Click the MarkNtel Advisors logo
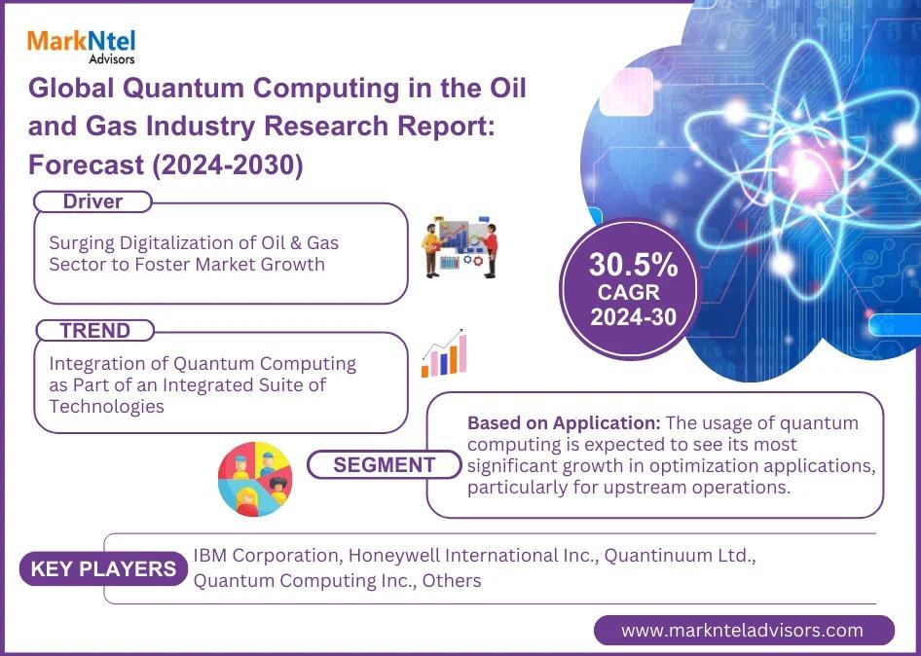[x=81, y=46]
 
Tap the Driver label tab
[x=92, y=201]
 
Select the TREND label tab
[x=94, y=331]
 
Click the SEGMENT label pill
[x=385, y=464]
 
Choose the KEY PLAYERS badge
[x=103, y=568]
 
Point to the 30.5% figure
[x=633, y=265]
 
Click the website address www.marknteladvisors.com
[x=743, y=630]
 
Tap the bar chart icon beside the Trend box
[x=444, y=353]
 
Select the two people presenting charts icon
[x=460, y=249]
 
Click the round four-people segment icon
[x=255, y=479]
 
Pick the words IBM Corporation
[x=266, y=556]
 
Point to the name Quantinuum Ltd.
[x=680, y=555]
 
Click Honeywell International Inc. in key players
[x=473, y=555]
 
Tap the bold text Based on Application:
[x=565, y=422]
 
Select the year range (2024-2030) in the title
[x=228, y=165]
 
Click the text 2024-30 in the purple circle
[x=633, y=317]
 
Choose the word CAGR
[x=629, y=292]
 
